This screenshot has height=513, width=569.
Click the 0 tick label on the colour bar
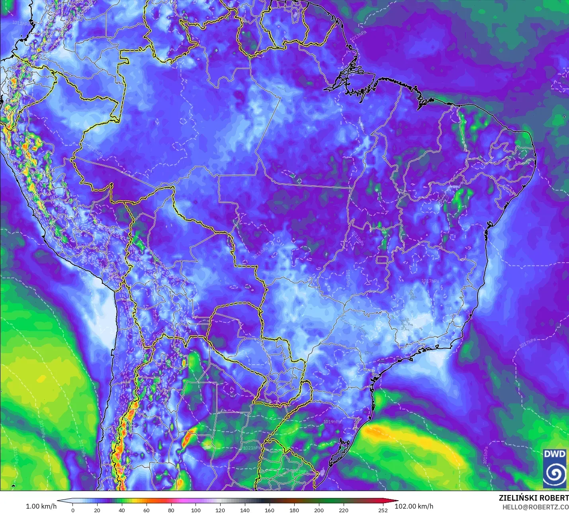tap(73, 510)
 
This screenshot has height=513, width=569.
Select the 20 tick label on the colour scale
tap(97, 510)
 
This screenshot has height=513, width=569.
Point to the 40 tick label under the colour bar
tap(122, 510)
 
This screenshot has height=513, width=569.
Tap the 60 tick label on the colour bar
tap(147, 510)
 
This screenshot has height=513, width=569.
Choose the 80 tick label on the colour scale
tap(171, 510)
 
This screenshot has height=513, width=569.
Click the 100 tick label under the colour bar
tap(196, 510)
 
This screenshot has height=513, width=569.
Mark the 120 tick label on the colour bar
tap(220, 510)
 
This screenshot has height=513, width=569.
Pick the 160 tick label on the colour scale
tap(270, 510)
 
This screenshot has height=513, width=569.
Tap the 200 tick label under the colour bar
tap(319, 510)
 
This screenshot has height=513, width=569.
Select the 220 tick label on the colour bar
tap(344, 510)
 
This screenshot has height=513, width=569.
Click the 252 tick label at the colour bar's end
tap(383, 510)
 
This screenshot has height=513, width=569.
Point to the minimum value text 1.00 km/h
tap(41, 506)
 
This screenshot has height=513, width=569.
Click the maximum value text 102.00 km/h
tap(414, 506)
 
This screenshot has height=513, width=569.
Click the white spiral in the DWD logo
tap(555, 473)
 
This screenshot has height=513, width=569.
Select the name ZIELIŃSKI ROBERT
tap(534, 498)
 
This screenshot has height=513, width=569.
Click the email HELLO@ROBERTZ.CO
tap(535, 507)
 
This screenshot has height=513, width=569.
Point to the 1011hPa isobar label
tap(21, 23)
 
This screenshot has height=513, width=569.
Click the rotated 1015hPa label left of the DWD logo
tap(485, 455)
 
